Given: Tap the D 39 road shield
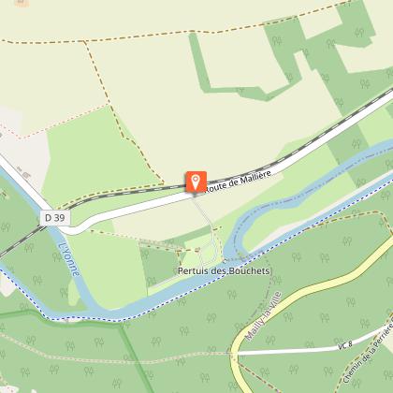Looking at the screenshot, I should pos(54,217).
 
